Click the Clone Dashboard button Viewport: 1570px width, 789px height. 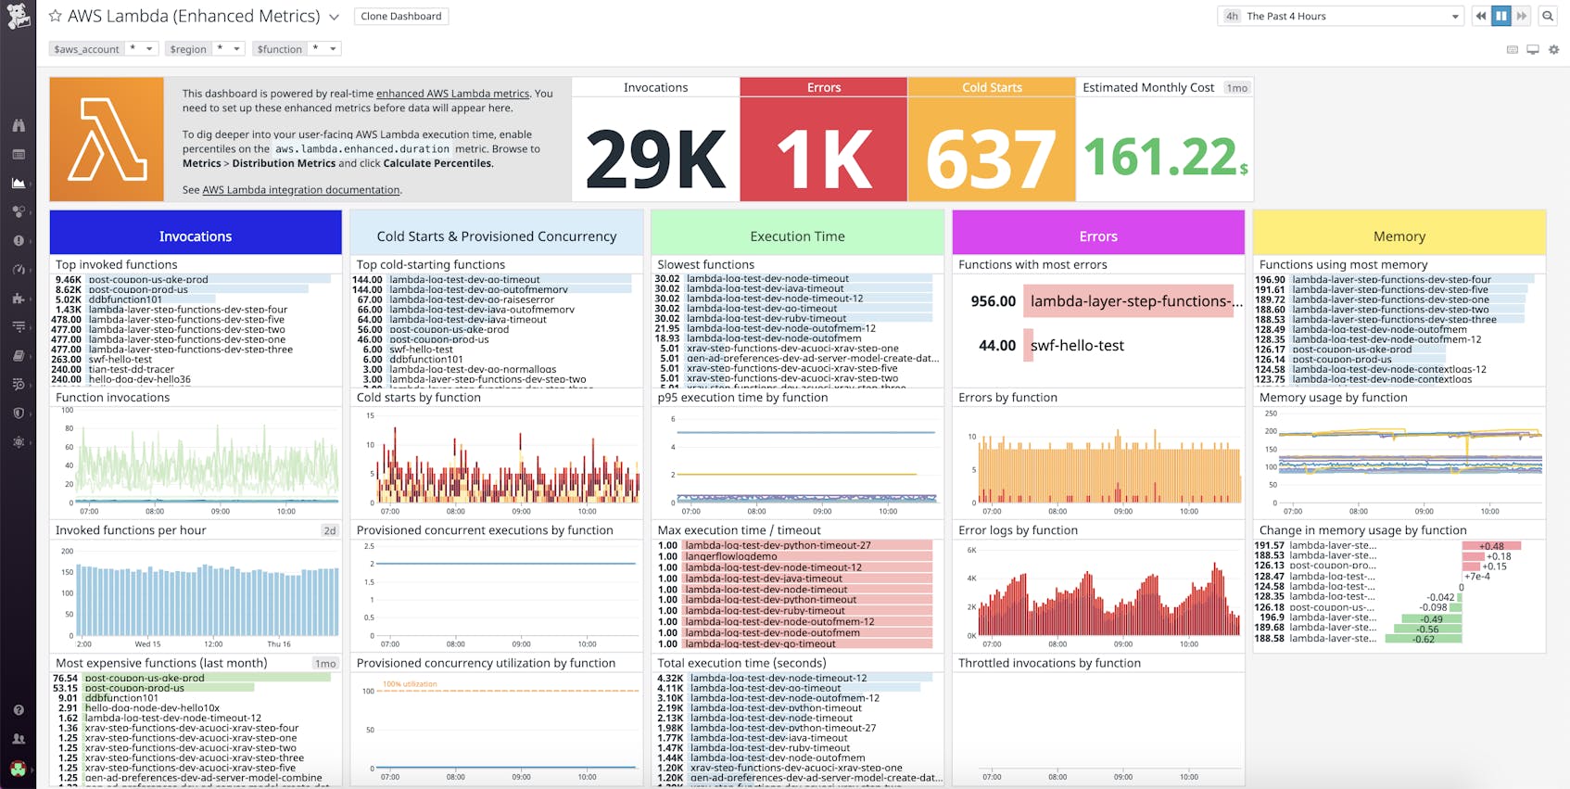point(400,17)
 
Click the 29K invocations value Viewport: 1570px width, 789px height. point(655,159)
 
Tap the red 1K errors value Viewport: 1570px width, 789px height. point(823,159)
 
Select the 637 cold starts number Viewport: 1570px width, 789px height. point(991,159)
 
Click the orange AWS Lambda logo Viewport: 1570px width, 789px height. point(107,139)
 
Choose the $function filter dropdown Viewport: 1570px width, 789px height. point(297,49)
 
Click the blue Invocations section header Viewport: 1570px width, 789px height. point(196,236)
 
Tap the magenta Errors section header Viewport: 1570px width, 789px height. point(1098,236)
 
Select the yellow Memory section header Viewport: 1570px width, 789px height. point(1399,236)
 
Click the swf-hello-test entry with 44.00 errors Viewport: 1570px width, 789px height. point(1077,346)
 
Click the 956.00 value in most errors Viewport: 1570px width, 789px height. point(993,301)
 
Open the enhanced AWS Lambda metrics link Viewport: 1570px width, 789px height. point(452,94)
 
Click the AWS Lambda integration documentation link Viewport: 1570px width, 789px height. point(301,190)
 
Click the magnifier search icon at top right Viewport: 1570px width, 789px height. point(1547,16)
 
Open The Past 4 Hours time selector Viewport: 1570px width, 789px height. point(1340,16)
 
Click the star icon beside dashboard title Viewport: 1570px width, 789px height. point(55,16)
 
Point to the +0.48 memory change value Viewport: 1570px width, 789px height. point(1491,546)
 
